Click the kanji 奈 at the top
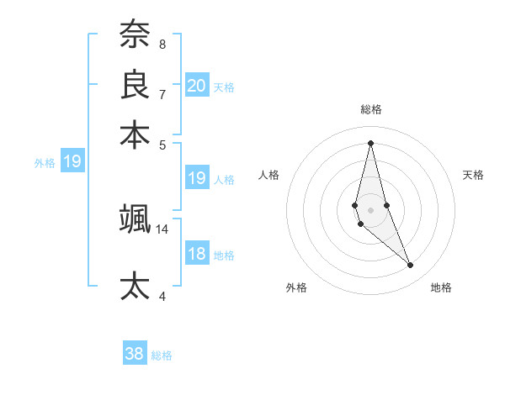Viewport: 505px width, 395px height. (x=135, y=35)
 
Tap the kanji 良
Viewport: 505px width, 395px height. (x=135, y=86)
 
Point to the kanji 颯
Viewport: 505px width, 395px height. (x=135, y=219)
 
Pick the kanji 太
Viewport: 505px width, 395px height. (x=135, y=286)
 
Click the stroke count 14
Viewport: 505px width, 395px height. (x=162, y=229)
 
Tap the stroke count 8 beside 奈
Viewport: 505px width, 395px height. (x=162, y=44)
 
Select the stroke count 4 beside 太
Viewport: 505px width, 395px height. (x=162, y=296)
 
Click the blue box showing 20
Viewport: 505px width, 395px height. (x=196, y=86)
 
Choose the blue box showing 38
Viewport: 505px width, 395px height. (x=135, y=354)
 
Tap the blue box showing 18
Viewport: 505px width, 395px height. (x=196, y=254)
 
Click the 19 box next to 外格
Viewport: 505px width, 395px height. (x=72, y=161)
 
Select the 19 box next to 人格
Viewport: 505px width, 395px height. (x=196, y=178)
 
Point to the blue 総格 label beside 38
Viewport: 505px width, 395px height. (x=162, y=355)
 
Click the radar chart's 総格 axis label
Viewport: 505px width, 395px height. (x=370, y=109)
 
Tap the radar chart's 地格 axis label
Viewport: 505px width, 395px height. (x=441, y=287)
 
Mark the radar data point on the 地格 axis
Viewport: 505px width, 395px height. (x=411, y=266)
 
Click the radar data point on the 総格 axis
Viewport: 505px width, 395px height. (x=370, y=142)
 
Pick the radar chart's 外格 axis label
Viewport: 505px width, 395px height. (x=296, y=287)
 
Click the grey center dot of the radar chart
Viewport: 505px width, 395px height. (x=370, y=209)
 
